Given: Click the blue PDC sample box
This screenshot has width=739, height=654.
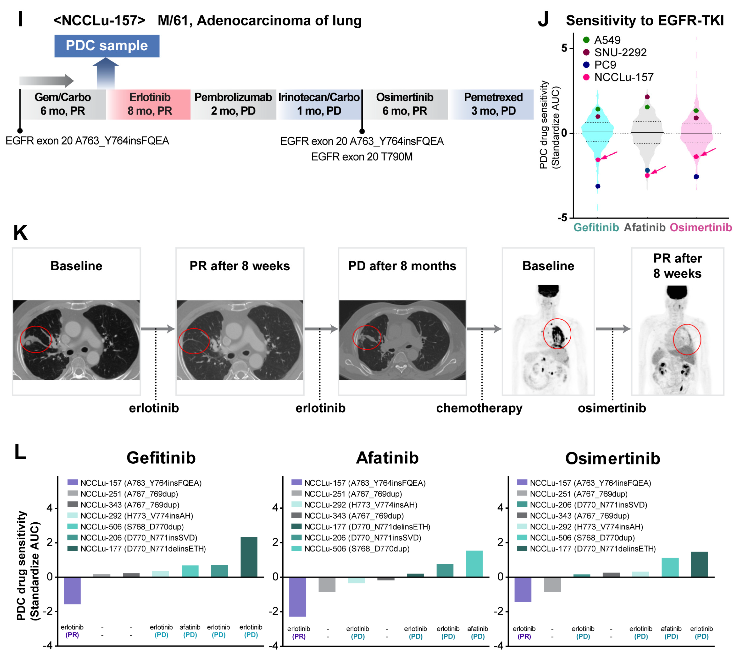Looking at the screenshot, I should pyautogui.click(x=107, y=46).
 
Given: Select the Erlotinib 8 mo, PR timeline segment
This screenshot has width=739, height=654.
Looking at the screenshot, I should pyautogui.click(x=150, y=104).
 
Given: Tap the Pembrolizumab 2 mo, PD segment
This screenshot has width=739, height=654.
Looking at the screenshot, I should pyautogui.click(x=233, y=104).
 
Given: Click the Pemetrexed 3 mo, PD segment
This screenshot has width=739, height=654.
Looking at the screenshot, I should pyautogui.click(x=493, y=104).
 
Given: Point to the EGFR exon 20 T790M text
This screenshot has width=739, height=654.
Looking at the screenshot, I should pyautogui.click(x=362, y=157).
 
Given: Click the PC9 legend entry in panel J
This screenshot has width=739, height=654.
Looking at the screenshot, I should pyautogui.click(x=605, y=65).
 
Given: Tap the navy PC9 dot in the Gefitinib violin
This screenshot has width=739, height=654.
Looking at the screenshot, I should pyautogui.click(x=598, y=186).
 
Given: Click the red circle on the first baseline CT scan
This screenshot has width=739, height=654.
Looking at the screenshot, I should pyautogui.click(x=36, y=339).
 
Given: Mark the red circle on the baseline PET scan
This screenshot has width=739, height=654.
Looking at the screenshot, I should pyautogui.click(x=557, y=333).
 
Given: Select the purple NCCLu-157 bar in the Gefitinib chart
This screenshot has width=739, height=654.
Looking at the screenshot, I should pyautogui.click(x=72, y=590).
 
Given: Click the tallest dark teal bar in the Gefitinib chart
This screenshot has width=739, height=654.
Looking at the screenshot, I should pyautogui.click(x=249, y=557).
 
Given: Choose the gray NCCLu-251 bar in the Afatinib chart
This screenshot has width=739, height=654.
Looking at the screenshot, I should pyautogui.click(x=327, y=584).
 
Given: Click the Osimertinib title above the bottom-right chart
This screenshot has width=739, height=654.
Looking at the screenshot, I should pyautogui.click(x=612, y=458).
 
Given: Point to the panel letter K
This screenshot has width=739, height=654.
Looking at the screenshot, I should pyautogui.click(x=20, y=233).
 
